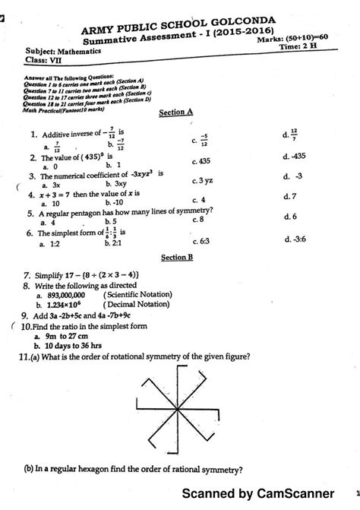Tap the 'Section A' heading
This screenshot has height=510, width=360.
(175, 111)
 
